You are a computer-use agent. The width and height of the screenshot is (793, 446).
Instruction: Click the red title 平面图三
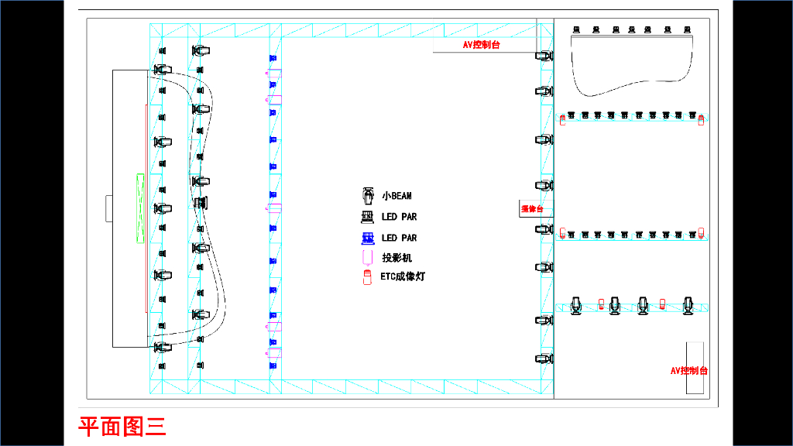pyautogui.click(x=122, y=426)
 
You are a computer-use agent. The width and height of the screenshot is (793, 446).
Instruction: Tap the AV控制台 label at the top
pyautogui.click(x=481, y=45)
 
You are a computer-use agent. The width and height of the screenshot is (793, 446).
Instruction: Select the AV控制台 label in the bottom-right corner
pyautogui.click(x=688, y=371)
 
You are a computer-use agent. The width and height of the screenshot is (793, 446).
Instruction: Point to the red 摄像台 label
pyautogui.click(x=532, y=209)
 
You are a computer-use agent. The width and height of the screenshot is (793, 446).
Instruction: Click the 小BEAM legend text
pyautogui.click(x=396, y=196)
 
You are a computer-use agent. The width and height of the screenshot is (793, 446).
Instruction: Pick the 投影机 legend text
pyautogui.click(x=397, y=257)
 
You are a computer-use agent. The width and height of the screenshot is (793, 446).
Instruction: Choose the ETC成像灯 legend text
pyautogui.click(x=403, y=276)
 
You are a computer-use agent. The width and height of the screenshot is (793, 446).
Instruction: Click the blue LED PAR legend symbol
pyautogui.click(x=368, y=238)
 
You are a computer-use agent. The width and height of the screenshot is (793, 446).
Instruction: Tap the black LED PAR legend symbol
pyautogui.click(x=368, y=217)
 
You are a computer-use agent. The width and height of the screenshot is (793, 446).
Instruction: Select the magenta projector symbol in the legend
pyautogui.click(x=368, y=257)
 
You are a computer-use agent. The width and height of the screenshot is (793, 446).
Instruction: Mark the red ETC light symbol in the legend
pyautogui.click(x=368, y=276)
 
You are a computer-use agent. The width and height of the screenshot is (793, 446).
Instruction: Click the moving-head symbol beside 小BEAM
pyautogui.click(x=368, y=196)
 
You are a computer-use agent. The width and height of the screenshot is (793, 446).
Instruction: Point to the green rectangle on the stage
pyautogui.click(x=140, y=208)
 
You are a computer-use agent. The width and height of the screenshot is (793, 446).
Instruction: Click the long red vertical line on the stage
pyautogui.click(x=145, y=208)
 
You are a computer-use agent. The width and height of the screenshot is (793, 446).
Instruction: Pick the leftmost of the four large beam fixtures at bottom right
pyautogui.click(x=576, y=305)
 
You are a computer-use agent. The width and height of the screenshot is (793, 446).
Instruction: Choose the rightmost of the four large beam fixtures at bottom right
pyautogui.click(x=687, y=305)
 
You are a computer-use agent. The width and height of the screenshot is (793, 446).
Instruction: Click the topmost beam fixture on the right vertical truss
pyautogui.click(x=544, y=56)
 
